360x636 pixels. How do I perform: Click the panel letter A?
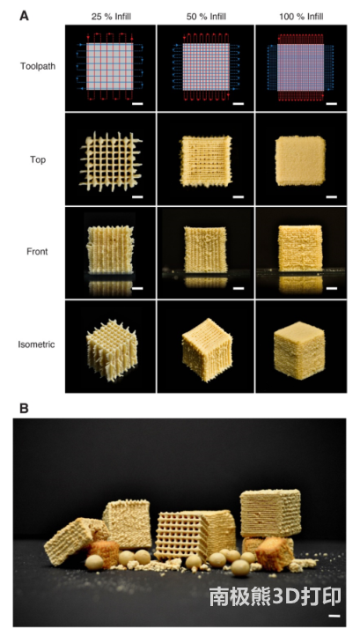(x=25, y=16)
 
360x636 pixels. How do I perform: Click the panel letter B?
(x=24, y=409)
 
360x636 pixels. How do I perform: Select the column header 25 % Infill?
(x=111, y=17)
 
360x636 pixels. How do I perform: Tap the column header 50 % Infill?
(x=206, y=17)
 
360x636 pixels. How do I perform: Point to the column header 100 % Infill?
(x=301, y=17)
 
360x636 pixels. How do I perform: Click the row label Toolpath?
(x=38, y=66)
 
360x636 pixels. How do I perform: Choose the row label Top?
(x=38, y=159)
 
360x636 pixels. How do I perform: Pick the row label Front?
(x=37, y=251)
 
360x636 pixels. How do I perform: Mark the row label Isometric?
(x=36, y=344)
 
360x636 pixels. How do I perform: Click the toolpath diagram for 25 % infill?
(x=110, y=67)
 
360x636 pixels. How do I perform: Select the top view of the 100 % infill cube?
(x=300, y=160)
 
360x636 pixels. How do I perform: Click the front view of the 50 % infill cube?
(x=206, y=249)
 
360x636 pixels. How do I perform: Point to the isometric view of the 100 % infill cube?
(x=300, y=351)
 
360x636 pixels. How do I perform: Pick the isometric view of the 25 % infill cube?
(x=112, y=351)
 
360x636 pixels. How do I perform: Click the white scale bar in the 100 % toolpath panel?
(x=332, y=104)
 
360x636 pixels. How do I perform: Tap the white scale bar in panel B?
(x=334, y=616)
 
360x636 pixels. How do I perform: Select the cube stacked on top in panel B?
(x=270, y=513)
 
